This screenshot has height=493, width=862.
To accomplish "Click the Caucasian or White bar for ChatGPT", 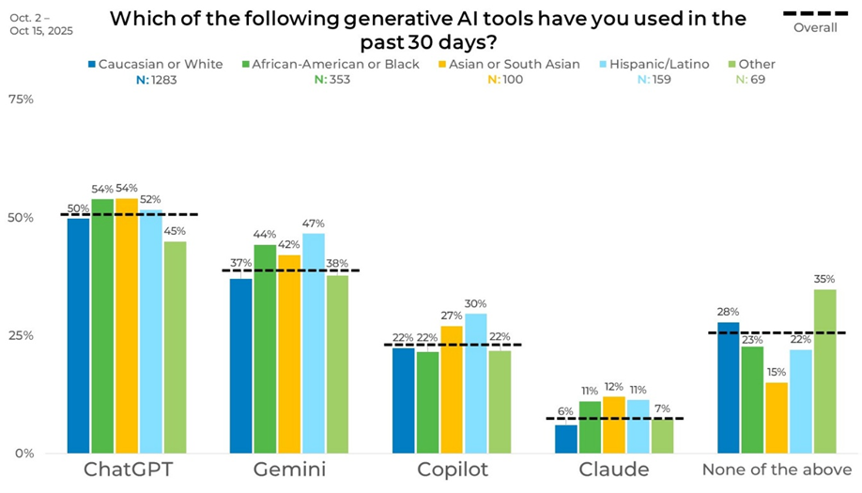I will tap(79, 335).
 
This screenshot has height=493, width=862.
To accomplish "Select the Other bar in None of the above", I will tap(824, 371).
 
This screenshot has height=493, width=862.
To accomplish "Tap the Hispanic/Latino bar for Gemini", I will tap(313, 343).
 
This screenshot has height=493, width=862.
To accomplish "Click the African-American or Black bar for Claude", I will tap(589, 427).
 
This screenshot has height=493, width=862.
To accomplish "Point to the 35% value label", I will tap(824, 278).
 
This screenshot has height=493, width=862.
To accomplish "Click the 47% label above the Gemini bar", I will tap(313, 223).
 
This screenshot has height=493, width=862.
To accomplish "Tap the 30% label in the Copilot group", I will tap(475, 303).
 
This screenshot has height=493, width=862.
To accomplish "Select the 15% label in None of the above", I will tap(776, 372).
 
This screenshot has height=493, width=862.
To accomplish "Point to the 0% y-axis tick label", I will tap(23, 453).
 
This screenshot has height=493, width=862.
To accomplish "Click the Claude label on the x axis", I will tap(614, 470).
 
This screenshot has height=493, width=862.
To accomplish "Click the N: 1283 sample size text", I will tap(154, 80).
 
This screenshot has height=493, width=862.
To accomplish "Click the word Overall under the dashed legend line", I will tap(815, 27).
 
